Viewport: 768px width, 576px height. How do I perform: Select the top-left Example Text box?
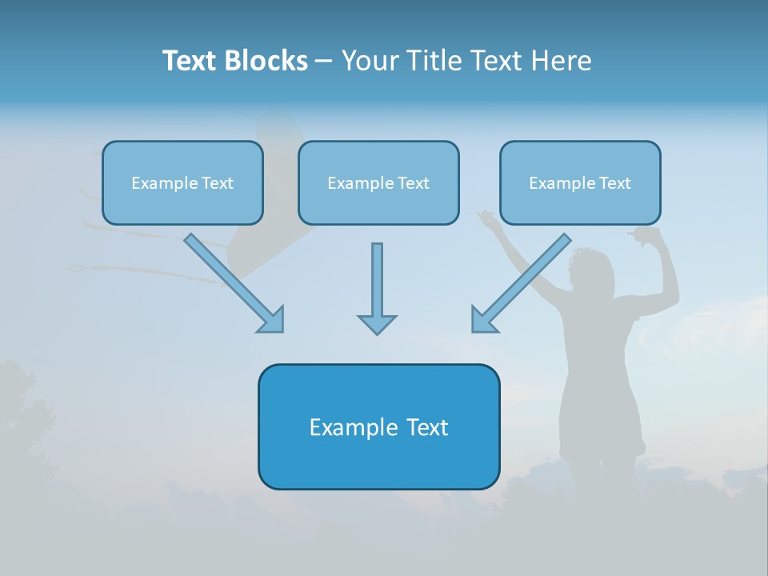click(182, 182)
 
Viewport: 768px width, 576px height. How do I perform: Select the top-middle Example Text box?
click(378, 182)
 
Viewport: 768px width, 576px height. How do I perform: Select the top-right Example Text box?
click(580, 182)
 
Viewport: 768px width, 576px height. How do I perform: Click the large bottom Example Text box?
click(378, 426)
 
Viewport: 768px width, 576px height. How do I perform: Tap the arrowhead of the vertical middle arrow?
click(377, 324)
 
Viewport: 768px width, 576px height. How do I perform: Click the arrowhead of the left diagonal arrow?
click(272, 320)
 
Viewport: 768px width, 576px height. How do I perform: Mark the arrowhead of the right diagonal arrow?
click(483, 320)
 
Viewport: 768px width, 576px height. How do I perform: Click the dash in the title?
click(324, 61)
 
